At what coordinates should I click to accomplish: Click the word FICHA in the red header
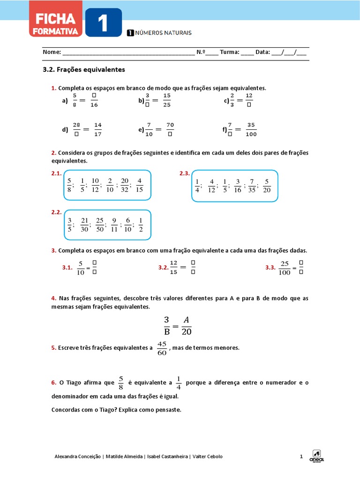(52, 19)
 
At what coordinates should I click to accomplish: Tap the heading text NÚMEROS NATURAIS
(163, 33)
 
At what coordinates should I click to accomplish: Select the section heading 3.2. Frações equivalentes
(84, 69)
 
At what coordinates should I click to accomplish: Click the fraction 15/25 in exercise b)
(167, 100)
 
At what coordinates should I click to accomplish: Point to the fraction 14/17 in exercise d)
(97, 130)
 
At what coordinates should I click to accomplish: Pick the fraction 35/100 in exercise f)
(251, 130)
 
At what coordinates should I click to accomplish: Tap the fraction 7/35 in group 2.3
(252, 186)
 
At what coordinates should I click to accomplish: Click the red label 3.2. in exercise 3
(163, 268)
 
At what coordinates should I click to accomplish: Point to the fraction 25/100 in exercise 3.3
(284, 268)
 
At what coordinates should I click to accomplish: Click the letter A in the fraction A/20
(186, 320)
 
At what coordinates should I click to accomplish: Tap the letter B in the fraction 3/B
(166, 331)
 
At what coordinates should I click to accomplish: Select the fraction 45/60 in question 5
(162, 348)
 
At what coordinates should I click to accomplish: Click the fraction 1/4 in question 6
(178, 383)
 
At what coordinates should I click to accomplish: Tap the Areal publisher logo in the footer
(317, 456)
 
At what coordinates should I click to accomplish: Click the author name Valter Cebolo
(208, 457)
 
